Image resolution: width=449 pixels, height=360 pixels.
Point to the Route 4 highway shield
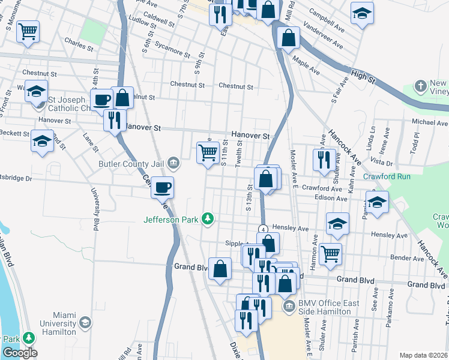[263, 229]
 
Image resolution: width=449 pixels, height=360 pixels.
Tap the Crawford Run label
[387, 176]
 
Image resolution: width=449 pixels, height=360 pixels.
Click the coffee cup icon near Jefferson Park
[162, 188]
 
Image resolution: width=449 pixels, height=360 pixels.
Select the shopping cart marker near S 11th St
[208, 152]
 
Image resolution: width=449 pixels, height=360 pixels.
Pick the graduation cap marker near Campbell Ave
[362, 14]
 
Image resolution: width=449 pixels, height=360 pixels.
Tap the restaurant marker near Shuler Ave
[324, 159]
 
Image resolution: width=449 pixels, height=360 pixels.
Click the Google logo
[20, 353]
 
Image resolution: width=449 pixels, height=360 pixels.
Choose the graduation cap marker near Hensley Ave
[337, 223]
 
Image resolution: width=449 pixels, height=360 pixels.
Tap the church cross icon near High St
[420, 85]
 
